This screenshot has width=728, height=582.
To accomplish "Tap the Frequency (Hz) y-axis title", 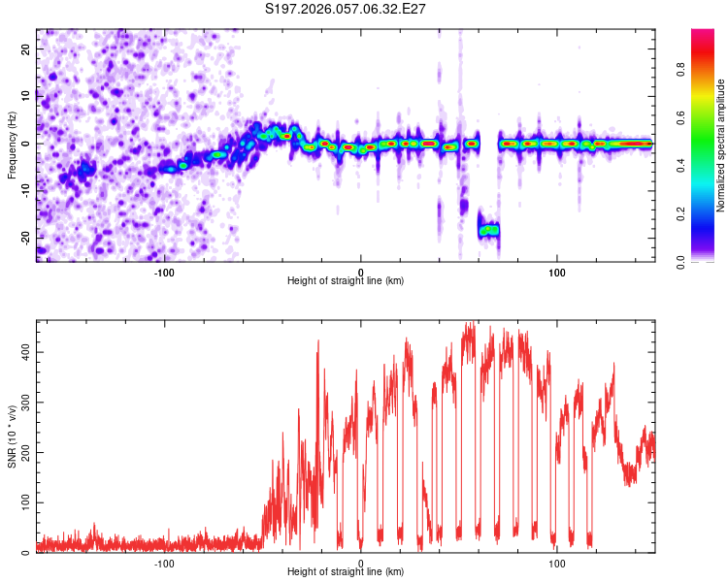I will [12, 145].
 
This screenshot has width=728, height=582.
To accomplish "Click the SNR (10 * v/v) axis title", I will [12, 437].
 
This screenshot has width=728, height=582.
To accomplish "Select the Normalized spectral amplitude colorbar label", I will [721, 145].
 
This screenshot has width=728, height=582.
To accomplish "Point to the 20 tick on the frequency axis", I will [25, 48].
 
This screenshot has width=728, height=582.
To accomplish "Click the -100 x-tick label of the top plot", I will [163, 273].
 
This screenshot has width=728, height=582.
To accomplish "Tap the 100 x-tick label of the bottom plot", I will [557, 564].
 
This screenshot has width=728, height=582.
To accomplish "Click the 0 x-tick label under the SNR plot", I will [361, 564].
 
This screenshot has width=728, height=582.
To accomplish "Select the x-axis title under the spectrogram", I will [346, 282].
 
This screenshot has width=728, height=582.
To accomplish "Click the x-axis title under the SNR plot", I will [346, 573].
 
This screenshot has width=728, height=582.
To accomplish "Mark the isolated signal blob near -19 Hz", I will [488, 230].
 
